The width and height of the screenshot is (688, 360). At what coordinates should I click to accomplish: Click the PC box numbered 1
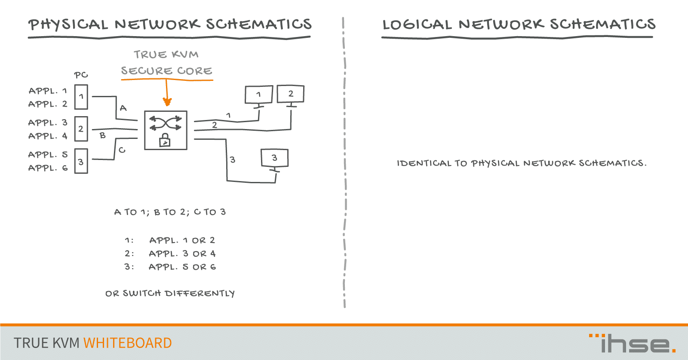(81, 97)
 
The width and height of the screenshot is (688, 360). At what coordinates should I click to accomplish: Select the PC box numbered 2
(81, 129)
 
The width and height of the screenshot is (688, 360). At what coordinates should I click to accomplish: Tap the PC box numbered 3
(81, 161)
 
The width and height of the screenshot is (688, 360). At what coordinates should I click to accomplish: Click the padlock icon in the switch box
(165, 140)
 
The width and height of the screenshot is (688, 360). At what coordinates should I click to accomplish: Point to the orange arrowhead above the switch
(167, 102)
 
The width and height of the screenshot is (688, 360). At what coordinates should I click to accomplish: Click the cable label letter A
(123, 108)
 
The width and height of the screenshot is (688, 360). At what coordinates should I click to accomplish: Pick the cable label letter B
(103, 135)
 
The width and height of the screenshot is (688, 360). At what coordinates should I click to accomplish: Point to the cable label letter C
(122, 150)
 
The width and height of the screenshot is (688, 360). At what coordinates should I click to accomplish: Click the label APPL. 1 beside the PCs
(48, 91)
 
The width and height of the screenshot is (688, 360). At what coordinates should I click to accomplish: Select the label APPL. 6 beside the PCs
(48, 168)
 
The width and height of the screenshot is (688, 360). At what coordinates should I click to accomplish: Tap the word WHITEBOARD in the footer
(127, 343)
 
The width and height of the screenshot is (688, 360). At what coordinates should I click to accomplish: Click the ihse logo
(632, 343)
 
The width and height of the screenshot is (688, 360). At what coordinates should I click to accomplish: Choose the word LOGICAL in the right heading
(417, 25)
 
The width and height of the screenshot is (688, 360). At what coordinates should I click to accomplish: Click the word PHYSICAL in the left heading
(68, 25)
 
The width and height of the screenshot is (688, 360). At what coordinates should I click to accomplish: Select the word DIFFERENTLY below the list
(200, 293)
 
